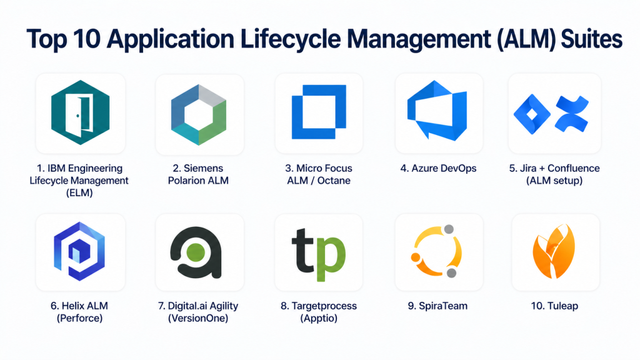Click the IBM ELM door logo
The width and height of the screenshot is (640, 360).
click(x=80, y=113)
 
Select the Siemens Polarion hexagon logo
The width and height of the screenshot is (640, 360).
click(x=199, y=113)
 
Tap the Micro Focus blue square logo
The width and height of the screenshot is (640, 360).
click(x=319, y=113)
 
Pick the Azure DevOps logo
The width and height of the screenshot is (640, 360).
click(x=437, y=112)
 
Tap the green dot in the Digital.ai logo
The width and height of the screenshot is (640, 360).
click(x=196, y=252)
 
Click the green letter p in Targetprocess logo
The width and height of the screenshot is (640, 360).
click(x=331, y=253)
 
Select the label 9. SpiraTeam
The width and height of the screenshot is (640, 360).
click(x=437, y=306)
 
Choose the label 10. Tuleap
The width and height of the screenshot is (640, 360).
click(x=554, y=306)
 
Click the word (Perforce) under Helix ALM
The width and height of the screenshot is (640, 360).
click(x=79, y=319)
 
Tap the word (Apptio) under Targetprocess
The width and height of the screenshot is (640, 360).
click(x=319, y=319)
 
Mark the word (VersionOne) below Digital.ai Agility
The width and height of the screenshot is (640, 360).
click(x=199, y=319)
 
